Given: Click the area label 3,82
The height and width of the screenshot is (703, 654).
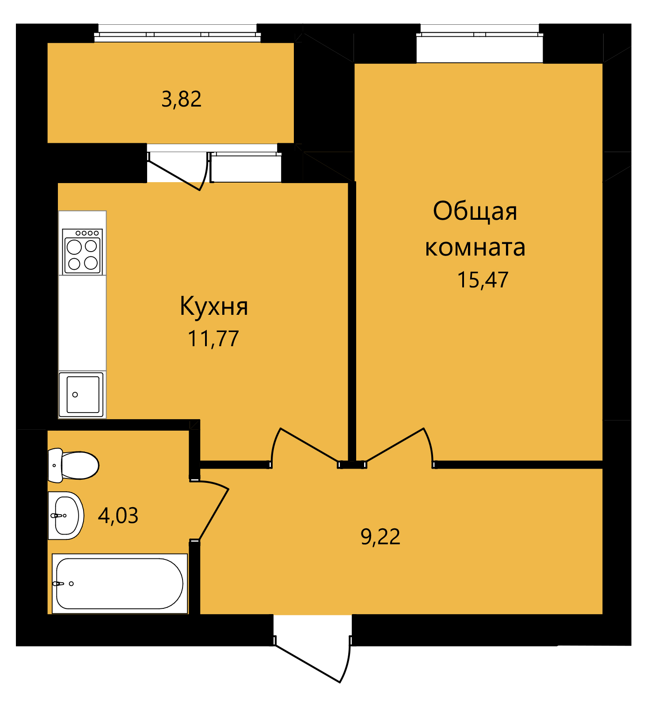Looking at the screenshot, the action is click(182, 99).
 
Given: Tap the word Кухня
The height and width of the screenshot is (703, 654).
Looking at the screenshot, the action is click(214, 306).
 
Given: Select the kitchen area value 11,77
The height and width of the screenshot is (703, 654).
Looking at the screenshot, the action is click(213, 339).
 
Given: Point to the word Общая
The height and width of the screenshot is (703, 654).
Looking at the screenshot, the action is click(475, 211).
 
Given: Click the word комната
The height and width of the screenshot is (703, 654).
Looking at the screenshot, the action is click(475, 248).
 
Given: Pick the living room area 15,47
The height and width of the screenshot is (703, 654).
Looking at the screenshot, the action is click(483, 280).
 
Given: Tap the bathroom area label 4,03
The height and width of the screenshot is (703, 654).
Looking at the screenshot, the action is click(118, 516).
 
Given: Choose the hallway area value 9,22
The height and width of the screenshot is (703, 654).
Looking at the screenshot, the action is click(380, 537).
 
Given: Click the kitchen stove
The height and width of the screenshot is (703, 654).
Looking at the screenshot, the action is click(83, 251).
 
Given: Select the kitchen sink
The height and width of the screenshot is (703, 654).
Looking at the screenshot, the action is click(82, 394).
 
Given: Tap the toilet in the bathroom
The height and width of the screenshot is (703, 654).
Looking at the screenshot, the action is click(73, 465).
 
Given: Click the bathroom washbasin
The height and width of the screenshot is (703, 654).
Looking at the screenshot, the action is click(65, 516).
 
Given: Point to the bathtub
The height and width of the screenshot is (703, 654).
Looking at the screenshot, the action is click(120, 584).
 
